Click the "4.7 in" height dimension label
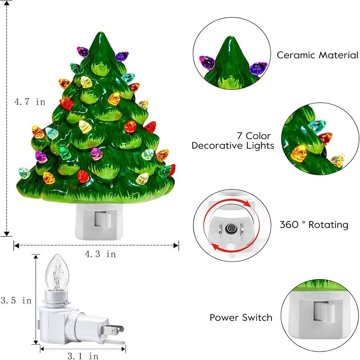click(x=30, y=102)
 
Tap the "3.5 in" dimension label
click(x=16, y=300)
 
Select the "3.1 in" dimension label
click(x=83, y=356)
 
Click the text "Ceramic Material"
click(x=317, y=55)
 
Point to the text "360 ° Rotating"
click(x=314, y=225)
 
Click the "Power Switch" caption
click(x=241, y=318)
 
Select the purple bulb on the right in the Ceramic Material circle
click(x=258, y=68)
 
